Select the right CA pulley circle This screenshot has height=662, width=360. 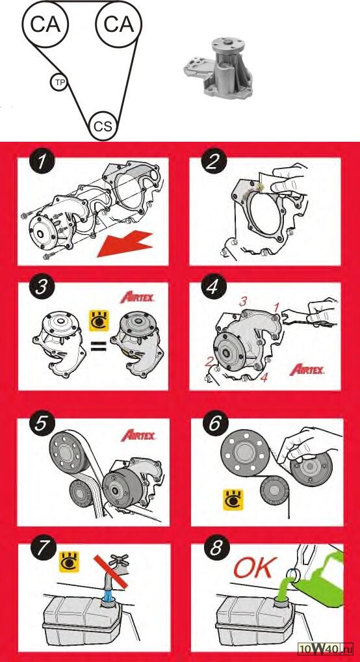pos(119,25)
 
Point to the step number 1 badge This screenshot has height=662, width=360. pos(42,162)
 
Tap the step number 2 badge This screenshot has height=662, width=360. pos(214,162)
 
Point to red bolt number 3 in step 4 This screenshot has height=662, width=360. pos(242,302)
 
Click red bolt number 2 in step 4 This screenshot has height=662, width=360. pos(209,362)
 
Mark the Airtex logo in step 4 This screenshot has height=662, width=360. pos(307,370)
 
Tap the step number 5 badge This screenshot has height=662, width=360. pos(42,424)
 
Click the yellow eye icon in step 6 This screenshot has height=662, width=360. pos(233,500)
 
